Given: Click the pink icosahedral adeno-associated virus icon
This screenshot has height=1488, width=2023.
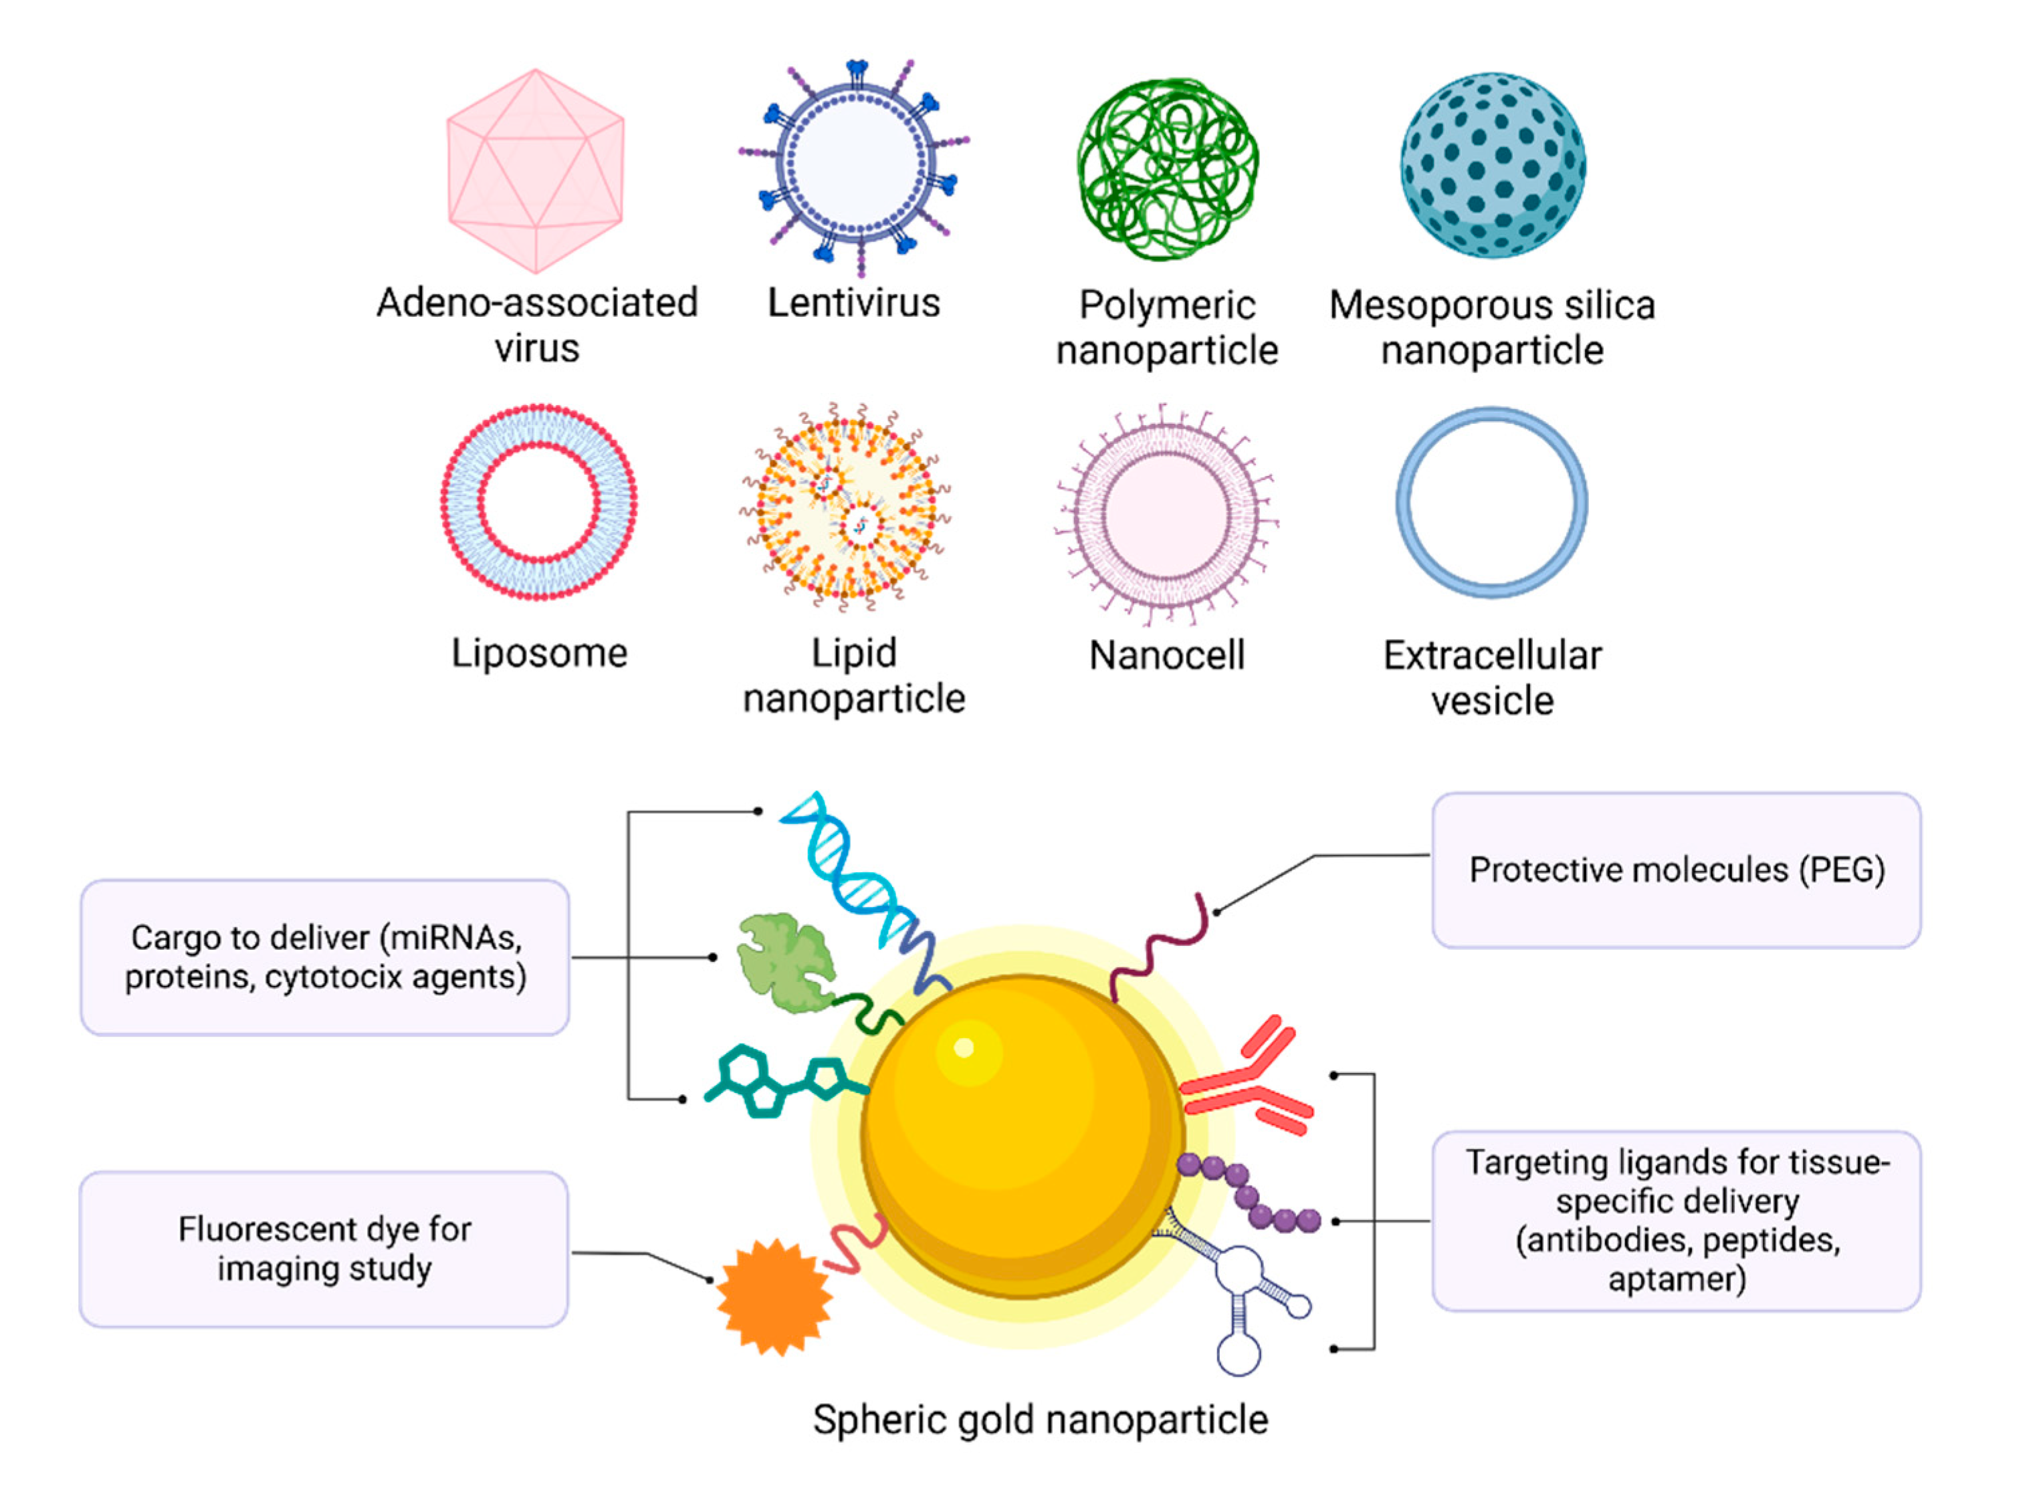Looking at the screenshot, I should pyautogui.click(x=535, y=171).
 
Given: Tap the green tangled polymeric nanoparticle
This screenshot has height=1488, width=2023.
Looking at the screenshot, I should pyautogui.click(x=1167, y=169).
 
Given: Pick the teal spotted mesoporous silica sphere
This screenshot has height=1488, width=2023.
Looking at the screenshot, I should pyautogui.click(x=1492, y=166).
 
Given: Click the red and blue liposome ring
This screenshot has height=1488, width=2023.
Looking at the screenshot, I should pyautogui.click(x=539, y=502).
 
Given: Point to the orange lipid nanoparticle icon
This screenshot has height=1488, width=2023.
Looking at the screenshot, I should pyautogui.click(x=845, y=506).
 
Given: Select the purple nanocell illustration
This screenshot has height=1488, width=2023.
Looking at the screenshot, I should pyautogui.click(x=1166, y=513).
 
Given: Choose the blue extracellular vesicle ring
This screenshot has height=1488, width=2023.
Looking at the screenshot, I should pyautogui.click(x=1491, y=503).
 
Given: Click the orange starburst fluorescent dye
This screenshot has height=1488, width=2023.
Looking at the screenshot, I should pyautogui.click(x=773, y=1297).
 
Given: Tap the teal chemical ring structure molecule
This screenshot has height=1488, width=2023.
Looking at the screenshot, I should pyautogui.click(x=775, y=1081).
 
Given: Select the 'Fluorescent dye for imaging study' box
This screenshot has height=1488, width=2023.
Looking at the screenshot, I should pyautogui.click(x=324, y=1249).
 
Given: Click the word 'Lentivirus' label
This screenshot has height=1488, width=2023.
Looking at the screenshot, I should pyautogui.click(x=853, y=303).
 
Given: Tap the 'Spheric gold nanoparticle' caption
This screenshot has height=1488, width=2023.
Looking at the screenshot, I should pyautogui.click(x=1040, y=1420).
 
